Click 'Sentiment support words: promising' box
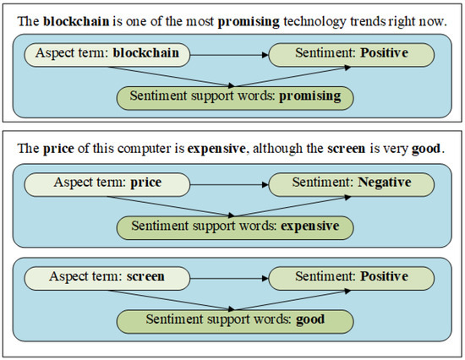click(x=234, y=96)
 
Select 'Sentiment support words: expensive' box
click(x=234, y=226)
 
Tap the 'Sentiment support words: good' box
click(x=234, y=320)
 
